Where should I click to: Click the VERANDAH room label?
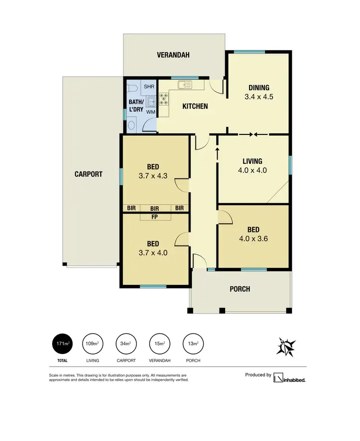coord(173,55)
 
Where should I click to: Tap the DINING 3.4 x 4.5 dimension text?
coord(259,97)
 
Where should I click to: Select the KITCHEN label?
coord(195,106)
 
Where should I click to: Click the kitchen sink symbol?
coord(184,86)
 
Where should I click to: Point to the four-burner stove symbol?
coord(164,99)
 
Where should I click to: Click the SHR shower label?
coord(149,86)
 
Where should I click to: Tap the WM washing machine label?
coord(151,112)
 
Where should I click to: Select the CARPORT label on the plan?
coord(88,174)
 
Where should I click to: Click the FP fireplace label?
coord(155,217)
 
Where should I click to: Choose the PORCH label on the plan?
coord(240,289)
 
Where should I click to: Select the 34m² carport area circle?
coord(126,344)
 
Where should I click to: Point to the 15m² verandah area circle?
coord(159,344)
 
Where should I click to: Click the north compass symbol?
coord(286,346)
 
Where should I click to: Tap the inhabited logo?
coord(289,379)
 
